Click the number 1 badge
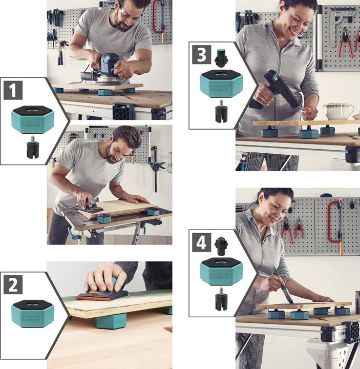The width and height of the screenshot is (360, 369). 13,91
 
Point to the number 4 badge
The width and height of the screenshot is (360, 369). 201,242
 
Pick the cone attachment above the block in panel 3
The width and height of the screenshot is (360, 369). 221,58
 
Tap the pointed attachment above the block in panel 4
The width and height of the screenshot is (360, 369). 221,246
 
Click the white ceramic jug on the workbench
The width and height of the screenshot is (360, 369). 338,111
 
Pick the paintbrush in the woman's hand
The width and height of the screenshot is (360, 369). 283,284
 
